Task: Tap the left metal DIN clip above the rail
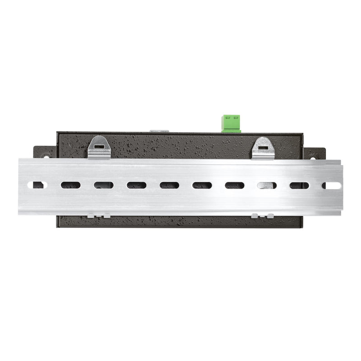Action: [x=99, y=148]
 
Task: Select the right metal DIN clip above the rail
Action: [x=263, y=148]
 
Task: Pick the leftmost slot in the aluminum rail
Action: [x=37, y=185]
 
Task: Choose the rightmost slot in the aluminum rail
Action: [x=331, y=185]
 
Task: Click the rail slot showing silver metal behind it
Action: [x=267, y=185]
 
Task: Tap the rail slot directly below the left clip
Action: [x=103, y=185]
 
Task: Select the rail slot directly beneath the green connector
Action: [x=235, y=185]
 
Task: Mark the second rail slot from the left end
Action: [x=70, y=185]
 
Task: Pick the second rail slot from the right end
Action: [x=299, y=185]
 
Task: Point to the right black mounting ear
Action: [x=316, y=153]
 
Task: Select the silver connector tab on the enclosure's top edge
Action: [x=159, y=131]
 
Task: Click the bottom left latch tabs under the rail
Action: [x=99, y=216]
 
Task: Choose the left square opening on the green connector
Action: [x=227, y=118]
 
